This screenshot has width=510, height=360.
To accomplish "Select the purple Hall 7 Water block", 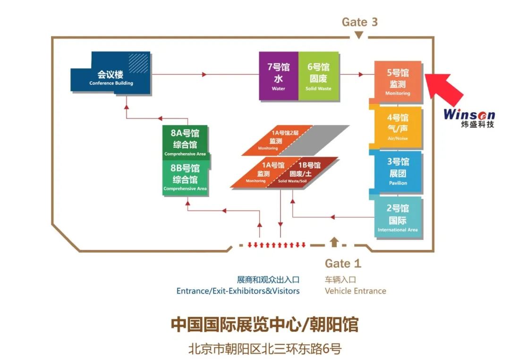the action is pos(279,76).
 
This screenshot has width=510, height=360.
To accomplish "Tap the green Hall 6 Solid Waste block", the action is pos(318,76).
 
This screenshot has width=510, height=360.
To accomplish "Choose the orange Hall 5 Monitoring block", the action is pos(398,82).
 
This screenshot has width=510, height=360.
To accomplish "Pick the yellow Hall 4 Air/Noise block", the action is pos(398,127).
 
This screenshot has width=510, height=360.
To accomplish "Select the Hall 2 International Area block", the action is pos(398,217).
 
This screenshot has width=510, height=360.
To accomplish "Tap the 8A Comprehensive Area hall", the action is pos(185,142).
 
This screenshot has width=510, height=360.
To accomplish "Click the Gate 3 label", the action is pos(359,22).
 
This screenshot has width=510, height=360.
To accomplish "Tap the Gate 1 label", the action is pos(343,263).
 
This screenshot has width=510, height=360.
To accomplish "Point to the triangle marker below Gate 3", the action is pos(359,35).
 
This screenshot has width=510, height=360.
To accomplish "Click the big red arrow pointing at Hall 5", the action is pos(443,86).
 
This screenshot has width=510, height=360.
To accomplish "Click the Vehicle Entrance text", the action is pos(355,291).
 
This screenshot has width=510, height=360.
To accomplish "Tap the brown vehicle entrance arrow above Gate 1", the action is pos(334,242).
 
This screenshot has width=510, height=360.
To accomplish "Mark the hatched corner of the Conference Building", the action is pos(138,63).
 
